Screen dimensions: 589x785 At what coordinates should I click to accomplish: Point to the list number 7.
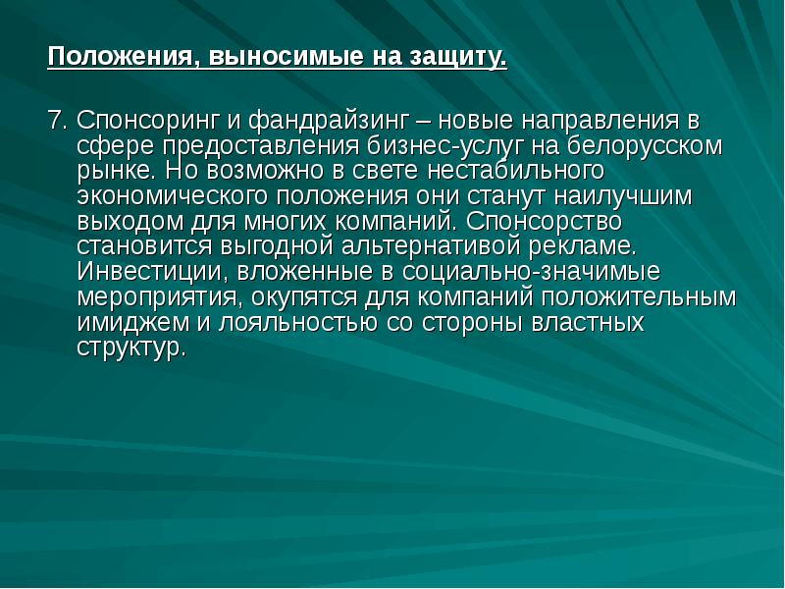56,122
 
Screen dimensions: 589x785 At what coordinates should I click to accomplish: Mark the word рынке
110,172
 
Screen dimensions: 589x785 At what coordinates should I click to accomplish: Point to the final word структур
130,347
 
